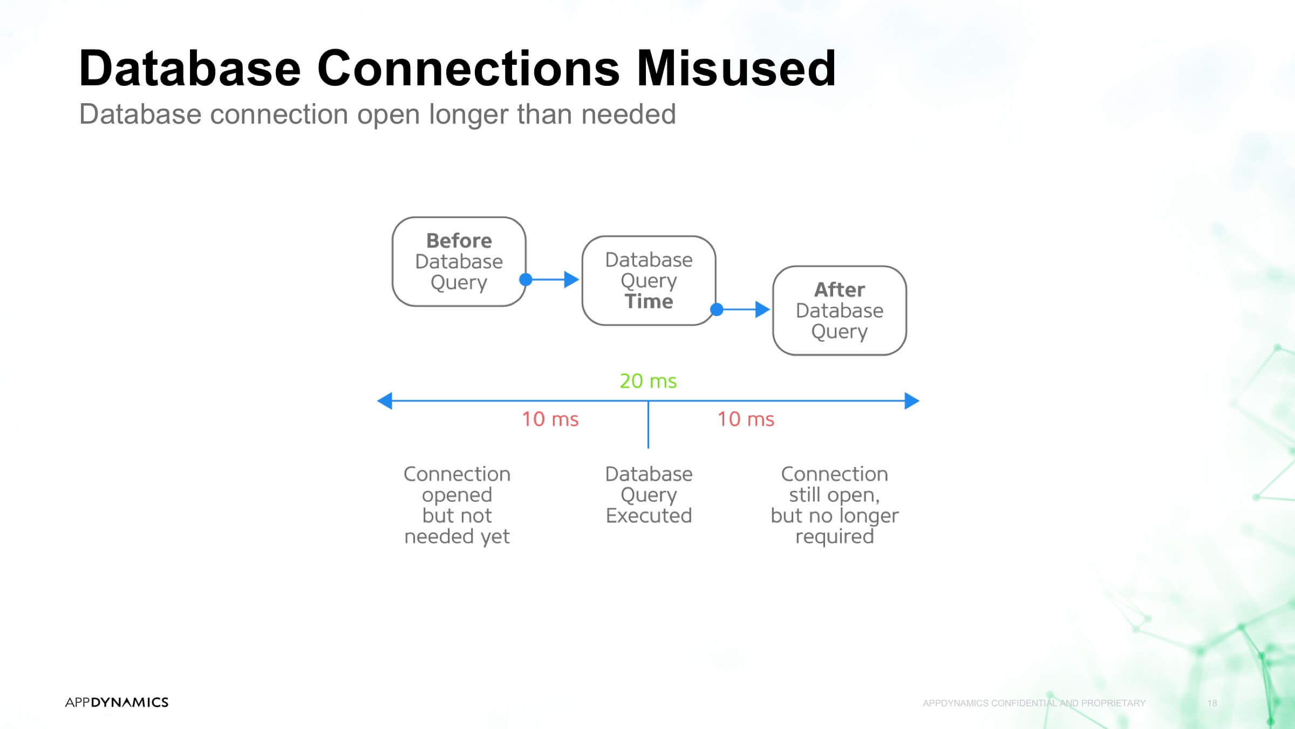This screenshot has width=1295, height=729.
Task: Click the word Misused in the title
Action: point(737,68)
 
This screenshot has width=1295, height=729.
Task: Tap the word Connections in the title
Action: point(468,68)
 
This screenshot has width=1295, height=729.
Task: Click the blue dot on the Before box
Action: point(526,279)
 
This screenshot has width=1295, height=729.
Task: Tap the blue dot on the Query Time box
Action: point(717,309)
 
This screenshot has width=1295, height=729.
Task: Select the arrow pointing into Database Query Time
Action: point(553,279)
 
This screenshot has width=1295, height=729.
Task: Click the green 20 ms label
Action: point(648,381)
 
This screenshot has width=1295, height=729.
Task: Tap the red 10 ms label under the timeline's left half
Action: point(550,419)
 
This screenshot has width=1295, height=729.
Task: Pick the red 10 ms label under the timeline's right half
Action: point(746,419)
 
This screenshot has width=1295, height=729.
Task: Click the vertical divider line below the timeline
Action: point(648,424)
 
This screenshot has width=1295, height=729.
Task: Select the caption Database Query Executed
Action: point(649,495)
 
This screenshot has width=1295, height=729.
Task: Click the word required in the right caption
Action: point(835,537)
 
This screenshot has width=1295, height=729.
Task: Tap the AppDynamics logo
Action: point(117,702)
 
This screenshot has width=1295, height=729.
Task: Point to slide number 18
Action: point(1212,703)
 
